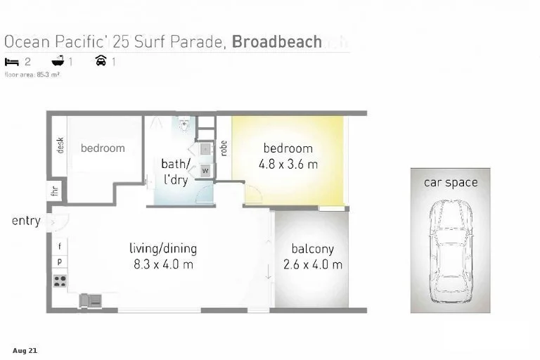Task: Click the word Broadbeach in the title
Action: tap(277, 41)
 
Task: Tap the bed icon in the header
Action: tap(12, 61)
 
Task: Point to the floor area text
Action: tap(32, 73)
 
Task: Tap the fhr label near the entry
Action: tap(54, 190)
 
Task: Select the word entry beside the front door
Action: tap(26, 221)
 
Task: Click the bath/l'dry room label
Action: tap(175, 172)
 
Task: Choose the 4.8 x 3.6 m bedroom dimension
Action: tap(288, 165)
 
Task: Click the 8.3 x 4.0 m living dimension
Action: tap(162, 264)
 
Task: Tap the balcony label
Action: tap(312, 249)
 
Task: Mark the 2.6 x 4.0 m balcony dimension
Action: tap(312, 265)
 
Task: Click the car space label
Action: tap(450, 183)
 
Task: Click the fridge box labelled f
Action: tap(60, 246)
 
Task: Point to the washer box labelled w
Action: tap(206, 171)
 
